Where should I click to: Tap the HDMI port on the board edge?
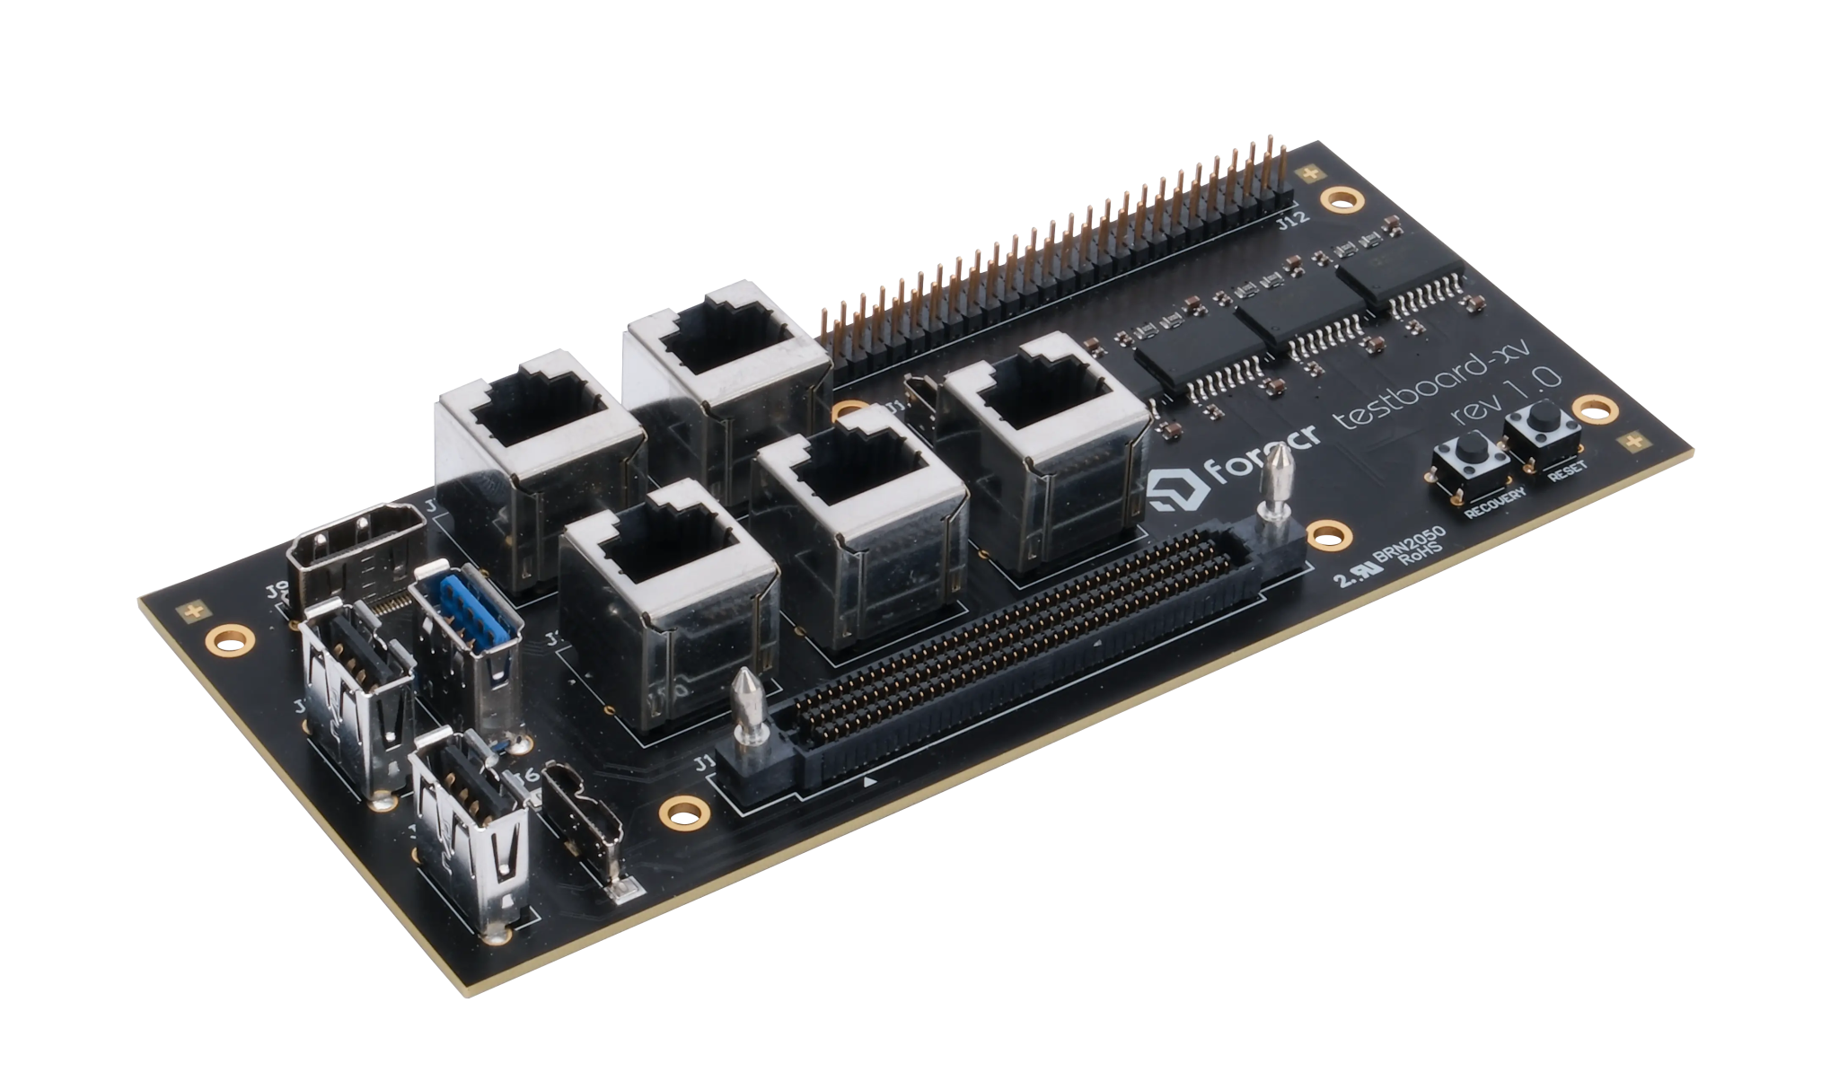pos(355,550)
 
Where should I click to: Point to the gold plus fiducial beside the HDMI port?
pos(190,612)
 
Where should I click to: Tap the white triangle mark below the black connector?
pos(869,782)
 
